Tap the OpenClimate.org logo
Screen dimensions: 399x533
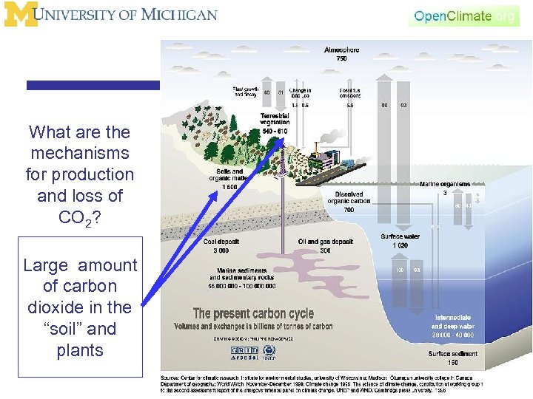tap(464, 16)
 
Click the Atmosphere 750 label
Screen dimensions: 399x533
tap(341, 54)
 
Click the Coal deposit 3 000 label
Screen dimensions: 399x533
tap(222, 245)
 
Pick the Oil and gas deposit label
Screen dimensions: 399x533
tap(326, 245)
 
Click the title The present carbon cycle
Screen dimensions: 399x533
tap(253, 314)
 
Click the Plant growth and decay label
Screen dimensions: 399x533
tap(245, 92)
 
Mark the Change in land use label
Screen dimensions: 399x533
tap(301, 92)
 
